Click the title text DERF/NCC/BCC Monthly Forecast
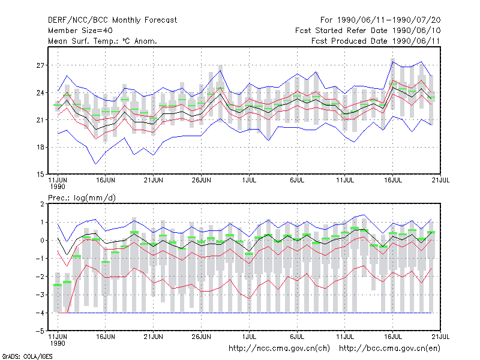pyautogui.click(x=112, y=20)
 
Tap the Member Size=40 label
pyautogui.click(x=80, y=31)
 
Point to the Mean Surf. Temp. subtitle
pyautogui.click(x=103, y=41)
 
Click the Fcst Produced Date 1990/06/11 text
pyautogui.click(x=376, y=41)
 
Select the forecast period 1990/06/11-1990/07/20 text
pyautogui.click(x=380, y=20)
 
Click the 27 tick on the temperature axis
pyautogui.click(x=40, y=65)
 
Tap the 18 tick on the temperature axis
pyautogui.click(x=40, y=147)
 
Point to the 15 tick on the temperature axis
pyautogui.click(x=40, y=175)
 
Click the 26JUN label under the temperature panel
pyautogui.click(x=201, y=181)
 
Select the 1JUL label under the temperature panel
pyautogui.click(x=249, y=181)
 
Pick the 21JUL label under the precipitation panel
pyautogui.click(x=440, y=337)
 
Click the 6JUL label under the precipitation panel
pyautogui.click(x=297, y=337)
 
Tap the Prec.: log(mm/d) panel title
pyautogui.click(x=82, y=198)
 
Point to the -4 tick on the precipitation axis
pyautogui.click(x=40, y=313)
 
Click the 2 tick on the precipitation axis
pyautogui.click(x=42, y=204)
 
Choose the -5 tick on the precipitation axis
pyautogui.click(x=40, y=331)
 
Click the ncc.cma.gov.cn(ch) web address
pyautogui.click(x=279, y=349)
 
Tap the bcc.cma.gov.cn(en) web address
pyautogui.click(x=389, y=349)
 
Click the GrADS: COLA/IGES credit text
pyautogui.click(x=28, y=356)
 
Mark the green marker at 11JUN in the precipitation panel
pyautogui.click(x=58, y=285)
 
